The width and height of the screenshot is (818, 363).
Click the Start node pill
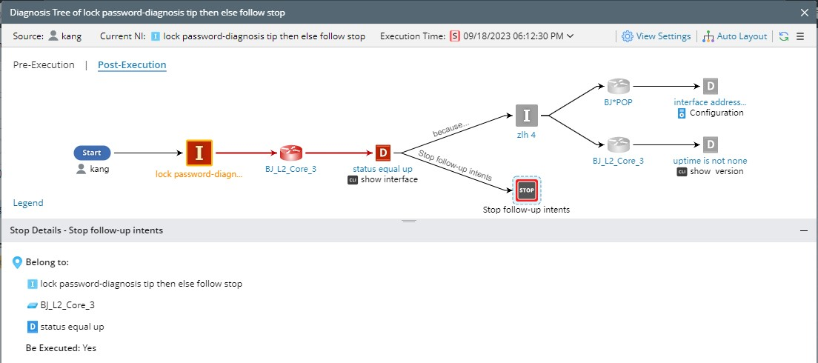(92, 153)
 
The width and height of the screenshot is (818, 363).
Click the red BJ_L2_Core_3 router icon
(290, 153)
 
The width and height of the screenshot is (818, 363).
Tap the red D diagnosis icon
(383, 153)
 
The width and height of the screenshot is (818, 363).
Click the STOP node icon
(527, 190)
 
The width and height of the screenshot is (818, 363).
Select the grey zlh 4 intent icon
(527, 116)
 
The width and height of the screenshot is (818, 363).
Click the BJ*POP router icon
(617, 87)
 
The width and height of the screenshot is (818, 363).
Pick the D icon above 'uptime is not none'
(710, 144)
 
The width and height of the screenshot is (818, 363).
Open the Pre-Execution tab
(44, 65)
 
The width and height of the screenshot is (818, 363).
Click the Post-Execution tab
(132, 65)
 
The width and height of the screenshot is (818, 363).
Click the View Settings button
(656, 36)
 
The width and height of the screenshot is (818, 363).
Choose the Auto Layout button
(734, 36)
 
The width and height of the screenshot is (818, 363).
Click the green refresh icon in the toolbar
(783, 36)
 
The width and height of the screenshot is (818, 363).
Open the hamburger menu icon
(800, 36)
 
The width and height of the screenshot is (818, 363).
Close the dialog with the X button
(805, 13)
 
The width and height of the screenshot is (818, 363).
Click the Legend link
(28, 203)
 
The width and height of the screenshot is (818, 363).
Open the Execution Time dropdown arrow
(570, 36)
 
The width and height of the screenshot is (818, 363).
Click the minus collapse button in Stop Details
(804, 230)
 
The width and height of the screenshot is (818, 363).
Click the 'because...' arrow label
(450, 127)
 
